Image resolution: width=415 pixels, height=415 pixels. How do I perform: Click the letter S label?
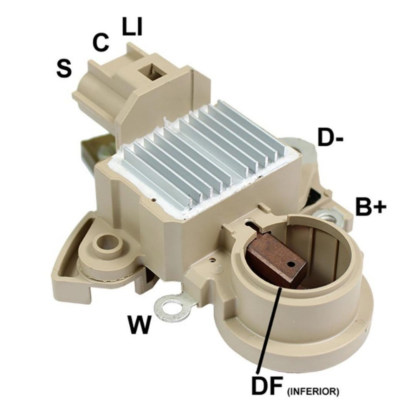click(x=64, y=68)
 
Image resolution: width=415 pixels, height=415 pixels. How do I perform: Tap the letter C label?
click(x=101, y=42)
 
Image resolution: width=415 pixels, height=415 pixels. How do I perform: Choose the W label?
click(x=139, y=325)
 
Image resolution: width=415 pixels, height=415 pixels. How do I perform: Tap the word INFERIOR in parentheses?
click(x=312, y=392)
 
